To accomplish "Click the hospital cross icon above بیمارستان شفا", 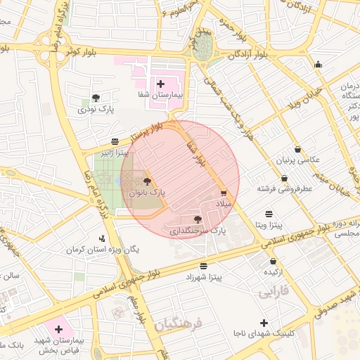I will (x=161, y=84).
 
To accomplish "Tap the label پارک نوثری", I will (x=96, y=109).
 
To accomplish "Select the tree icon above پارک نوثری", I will (x=96, y=98).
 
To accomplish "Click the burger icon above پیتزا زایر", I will (x=115, y=141).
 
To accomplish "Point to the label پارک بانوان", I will (x=147, y=192).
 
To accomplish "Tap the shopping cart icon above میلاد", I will (x=224, y=193).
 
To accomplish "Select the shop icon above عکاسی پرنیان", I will (x=299, y=149).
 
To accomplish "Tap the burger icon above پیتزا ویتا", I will (x=269, y=213).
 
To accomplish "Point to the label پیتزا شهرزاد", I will (x=203, y=278).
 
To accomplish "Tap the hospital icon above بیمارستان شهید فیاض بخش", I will (x=58, y=328).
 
